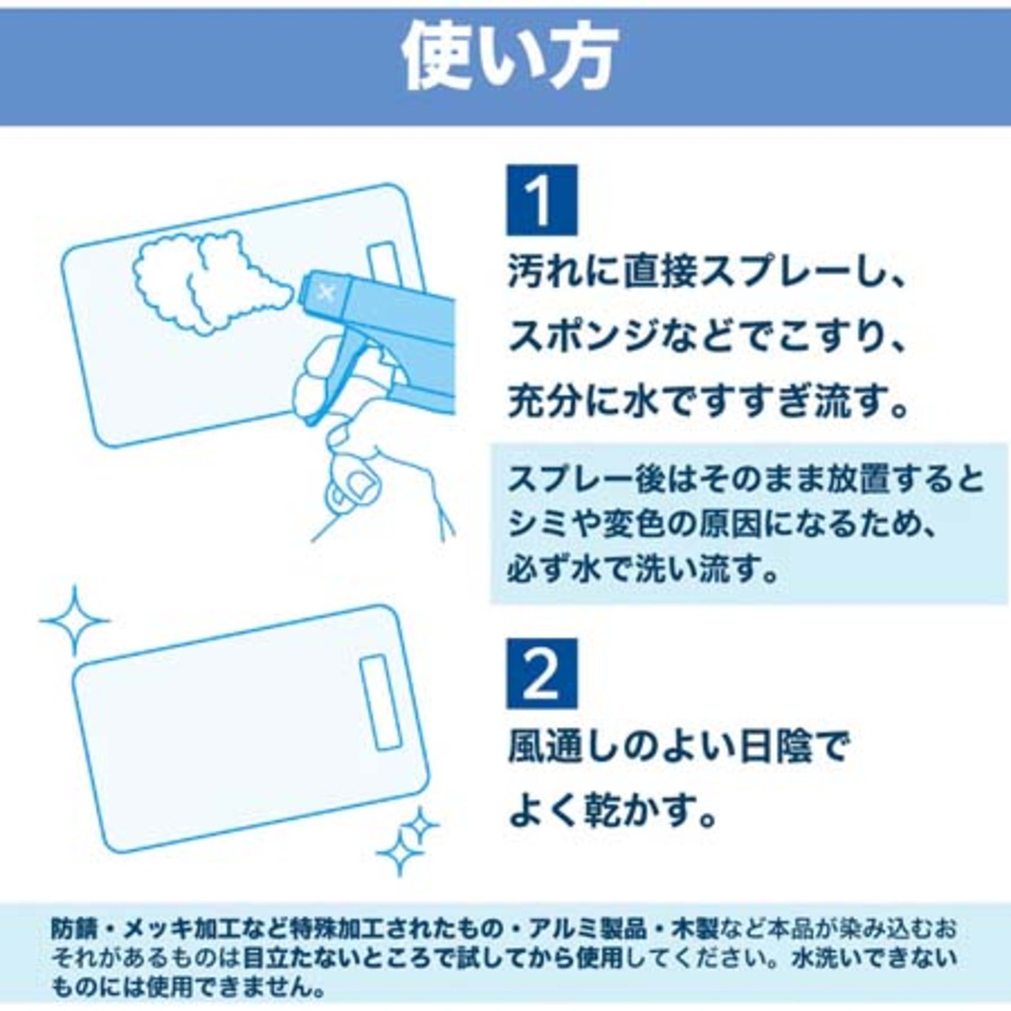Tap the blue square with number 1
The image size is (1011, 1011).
click(542, 200)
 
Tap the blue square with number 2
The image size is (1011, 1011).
click(542, 673)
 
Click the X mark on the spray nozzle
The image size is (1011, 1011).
click(326, 292)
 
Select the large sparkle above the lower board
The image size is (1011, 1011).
click(75, 621)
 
